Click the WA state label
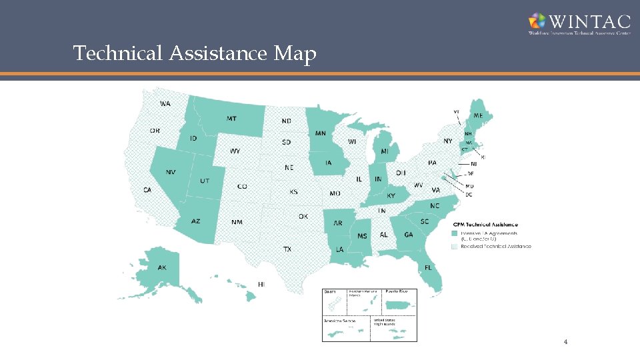(165, 104)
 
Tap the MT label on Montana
(231, 119)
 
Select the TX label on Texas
(287, 249)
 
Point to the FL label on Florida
(428, 267)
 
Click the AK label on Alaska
(162, 267)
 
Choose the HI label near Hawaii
(261, 284)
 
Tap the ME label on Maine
(478, 115)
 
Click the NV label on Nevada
(171, 172)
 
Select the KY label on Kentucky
(391, 196)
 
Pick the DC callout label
(469, 195)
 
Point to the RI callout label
(483, 157)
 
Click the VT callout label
(457, 111)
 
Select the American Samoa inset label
(339, 321)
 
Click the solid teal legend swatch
(455, 234)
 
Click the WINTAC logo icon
(537, 21)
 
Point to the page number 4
(565, 343)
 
